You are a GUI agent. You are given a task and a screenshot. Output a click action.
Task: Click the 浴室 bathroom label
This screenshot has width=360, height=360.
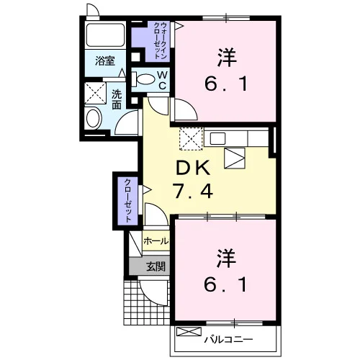coord(105,60)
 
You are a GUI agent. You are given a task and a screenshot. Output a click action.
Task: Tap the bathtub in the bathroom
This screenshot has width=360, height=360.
coord(105,35)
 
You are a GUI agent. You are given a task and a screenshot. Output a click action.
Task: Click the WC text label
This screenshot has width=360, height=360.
coord(163,81)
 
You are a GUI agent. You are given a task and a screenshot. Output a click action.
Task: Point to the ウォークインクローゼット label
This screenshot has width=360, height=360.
coord(161,40)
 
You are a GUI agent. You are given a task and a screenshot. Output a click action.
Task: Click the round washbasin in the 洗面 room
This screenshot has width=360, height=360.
coord(94,119)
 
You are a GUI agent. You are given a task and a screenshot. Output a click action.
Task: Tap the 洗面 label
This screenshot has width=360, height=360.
coord(117,100)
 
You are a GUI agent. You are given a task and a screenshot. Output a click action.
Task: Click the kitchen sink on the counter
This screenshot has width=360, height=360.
coord(217,138)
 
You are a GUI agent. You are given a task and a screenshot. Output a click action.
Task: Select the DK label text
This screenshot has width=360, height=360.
coord(193,168)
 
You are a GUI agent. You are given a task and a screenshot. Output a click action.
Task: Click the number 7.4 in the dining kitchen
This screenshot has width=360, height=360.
coord(193,191)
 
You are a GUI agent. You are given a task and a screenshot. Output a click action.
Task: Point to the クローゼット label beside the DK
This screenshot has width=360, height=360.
coord(128,201)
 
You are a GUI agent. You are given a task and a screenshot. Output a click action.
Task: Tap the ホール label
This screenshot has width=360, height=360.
coord(156,241)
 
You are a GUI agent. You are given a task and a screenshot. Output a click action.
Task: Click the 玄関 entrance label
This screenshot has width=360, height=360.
coord(156,266)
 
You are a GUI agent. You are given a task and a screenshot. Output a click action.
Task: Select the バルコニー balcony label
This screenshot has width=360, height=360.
coord(228,340)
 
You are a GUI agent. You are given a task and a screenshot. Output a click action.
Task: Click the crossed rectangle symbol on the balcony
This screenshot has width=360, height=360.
coord(189,332)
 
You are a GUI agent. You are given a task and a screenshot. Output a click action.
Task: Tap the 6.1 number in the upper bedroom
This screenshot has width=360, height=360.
coord(226,84)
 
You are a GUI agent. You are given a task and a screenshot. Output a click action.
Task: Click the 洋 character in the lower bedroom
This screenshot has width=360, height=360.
coord(226,258)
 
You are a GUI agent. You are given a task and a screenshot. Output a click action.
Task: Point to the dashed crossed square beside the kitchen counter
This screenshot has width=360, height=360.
coord(192,139)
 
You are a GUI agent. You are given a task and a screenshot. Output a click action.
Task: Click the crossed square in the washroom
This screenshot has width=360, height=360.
coord(95,93)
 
